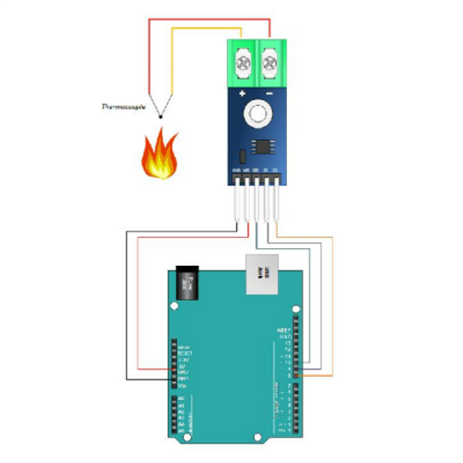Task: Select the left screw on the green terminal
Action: click(244, 64)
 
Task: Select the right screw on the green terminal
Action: click(269, 64)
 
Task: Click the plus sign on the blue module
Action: click(243, 94)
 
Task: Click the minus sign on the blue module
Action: click(269, 94)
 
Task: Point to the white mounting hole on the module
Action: click(256, 116)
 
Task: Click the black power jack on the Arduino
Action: click(188, 284)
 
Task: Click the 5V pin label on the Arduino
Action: click(182, 366)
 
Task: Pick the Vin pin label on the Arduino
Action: click(182, 386)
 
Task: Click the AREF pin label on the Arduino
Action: click(284, 330)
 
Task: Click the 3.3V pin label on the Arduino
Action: click(182, 359)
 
